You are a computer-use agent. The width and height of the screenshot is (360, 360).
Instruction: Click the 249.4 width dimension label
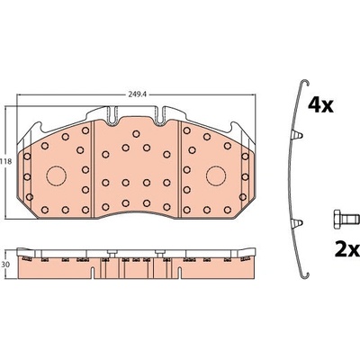click(x=137, y=94)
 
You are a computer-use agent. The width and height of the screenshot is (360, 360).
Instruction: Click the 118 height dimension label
click(x=5, y=161)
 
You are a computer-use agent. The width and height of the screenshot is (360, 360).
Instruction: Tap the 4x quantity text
click(x=320, y=105)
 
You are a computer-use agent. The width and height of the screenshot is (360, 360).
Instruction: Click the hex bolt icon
click(x=346, y=218)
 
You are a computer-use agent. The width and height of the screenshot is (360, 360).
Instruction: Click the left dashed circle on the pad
click(x=56, y=175)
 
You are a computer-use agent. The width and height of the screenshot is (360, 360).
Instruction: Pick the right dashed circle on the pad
click(x=216, y=175)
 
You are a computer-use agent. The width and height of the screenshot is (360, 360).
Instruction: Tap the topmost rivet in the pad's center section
click(x=136, y=134)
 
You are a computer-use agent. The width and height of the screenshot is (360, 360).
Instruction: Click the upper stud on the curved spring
click(x=297, y=135)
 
